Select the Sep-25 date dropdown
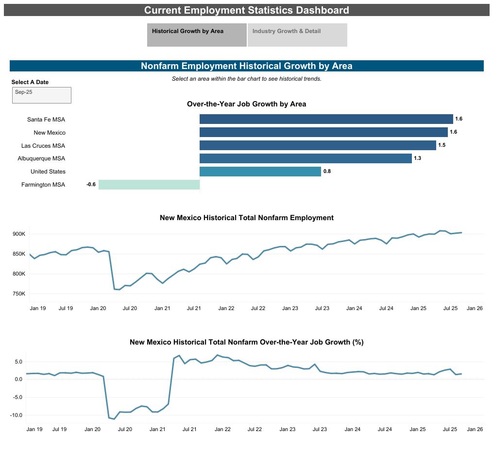[42, 95]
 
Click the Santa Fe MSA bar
[326, 119]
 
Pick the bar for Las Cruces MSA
[318, 145]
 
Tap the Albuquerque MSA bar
[306, 158]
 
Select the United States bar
[260, 172]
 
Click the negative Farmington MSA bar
[149, 185]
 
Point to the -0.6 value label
[91, 185]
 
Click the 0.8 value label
[327, 172]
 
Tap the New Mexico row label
[50, 133]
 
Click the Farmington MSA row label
[43, 185]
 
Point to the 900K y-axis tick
[18, 234]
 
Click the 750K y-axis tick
[18, 294]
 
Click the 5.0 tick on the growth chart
[18, 362]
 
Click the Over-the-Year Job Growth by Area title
[246, 104]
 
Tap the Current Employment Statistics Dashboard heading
[246, 10]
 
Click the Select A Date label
[30, 83]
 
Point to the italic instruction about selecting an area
[246, 79]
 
